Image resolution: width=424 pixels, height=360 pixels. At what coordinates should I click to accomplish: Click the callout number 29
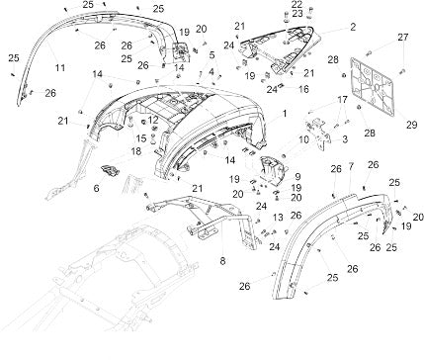(411, 125)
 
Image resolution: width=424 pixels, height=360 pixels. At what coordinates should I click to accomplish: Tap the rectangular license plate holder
(372, 86)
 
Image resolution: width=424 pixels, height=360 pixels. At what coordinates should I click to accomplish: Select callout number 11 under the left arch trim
(60, 68)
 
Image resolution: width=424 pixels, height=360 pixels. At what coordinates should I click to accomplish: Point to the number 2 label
(353, 27)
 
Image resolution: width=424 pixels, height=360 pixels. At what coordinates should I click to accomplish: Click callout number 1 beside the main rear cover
(285, 114)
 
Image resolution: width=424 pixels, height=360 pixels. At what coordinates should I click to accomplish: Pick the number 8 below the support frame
(222, 261)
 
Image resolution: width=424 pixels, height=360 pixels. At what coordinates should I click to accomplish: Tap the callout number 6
(96, 188)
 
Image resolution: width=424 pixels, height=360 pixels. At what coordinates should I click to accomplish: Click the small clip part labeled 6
(110, 171)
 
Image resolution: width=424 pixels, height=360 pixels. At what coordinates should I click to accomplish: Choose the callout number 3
(345, 139)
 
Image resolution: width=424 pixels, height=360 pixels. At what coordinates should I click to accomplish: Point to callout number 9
(297, 177)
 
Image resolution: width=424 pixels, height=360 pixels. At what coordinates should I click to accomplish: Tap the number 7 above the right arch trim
(351, 166)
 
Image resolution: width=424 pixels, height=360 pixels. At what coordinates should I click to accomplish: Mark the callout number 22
(297, 4)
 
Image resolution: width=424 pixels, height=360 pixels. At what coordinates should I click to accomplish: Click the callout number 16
(303, 89)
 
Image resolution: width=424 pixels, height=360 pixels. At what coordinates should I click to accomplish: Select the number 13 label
(278, 218)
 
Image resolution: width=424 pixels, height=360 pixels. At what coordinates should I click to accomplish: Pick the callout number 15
(141, 137)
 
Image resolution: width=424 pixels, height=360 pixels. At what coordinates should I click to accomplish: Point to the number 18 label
(136, 151)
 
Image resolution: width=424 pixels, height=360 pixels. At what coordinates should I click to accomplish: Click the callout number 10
(303, 139)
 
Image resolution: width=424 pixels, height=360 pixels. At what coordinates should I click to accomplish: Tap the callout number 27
(402, 38)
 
